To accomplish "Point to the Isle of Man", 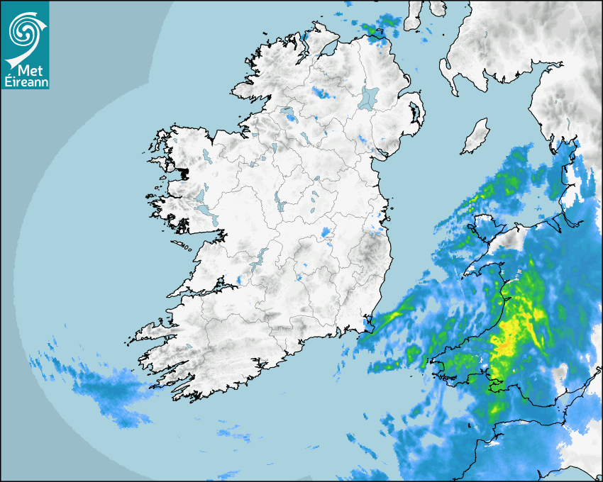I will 476,136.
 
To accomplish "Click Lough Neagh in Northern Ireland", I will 368,98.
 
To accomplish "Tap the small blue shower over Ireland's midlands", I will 326,232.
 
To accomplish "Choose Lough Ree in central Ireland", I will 279,203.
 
